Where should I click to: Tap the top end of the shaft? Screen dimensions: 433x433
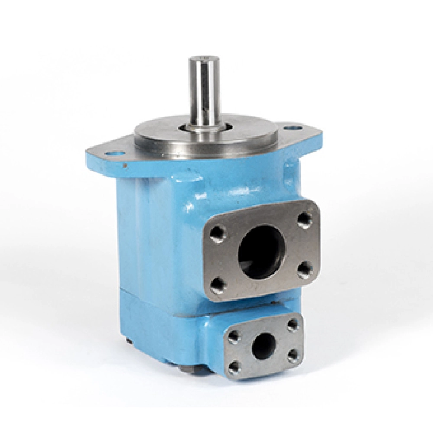(x=202, y=58)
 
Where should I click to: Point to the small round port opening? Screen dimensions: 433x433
(x=264, y=346)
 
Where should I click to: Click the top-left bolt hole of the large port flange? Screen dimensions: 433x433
(x=217, y=234)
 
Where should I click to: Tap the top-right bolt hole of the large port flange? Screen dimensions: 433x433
(x=305, y=220)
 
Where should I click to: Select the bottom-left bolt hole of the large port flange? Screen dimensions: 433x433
(x=218, y=285)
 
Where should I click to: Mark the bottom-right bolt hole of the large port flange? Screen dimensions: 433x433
(x=305, y=270)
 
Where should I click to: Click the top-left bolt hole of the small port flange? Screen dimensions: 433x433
(x=234, y=336)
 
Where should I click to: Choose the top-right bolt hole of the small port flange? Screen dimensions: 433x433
(x=293, y=325)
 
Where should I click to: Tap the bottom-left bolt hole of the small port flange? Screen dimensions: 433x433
(x=234, y=367)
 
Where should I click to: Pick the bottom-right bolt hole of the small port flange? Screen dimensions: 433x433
(x=293, y=355)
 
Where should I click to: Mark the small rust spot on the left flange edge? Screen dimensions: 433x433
(x=125, y=165)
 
